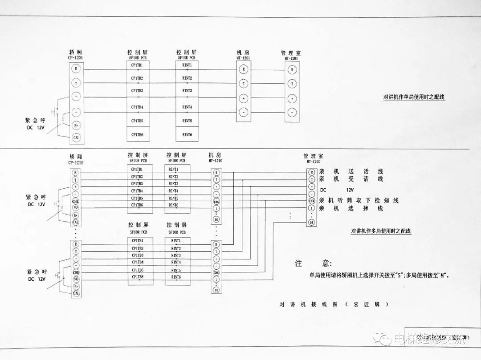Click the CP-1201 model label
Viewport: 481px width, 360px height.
(76, 58)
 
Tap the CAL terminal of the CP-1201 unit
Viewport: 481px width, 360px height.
(76, 138)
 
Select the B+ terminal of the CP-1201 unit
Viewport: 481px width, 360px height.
(76, 125)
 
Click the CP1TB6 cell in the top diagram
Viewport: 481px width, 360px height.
(137, 134)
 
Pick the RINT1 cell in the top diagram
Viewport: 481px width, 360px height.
(187, 65)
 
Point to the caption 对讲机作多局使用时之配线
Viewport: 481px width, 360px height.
(381, 231)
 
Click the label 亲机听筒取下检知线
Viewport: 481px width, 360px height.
(359, 200)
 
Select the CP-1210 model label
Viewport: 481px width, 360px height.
(76, 163)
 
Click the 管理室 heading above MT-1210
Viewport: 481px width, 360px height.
(314, 156)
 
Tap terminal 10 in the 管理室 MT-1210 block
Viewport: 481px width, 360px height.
(312, 222)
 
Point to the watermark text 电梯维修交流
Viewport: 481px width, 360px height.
(430, 340)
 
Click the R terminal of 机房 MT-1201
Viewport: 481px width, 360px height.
(243, 69)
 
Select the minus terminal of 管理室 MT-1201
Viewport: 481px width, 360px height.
(292, 112)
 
